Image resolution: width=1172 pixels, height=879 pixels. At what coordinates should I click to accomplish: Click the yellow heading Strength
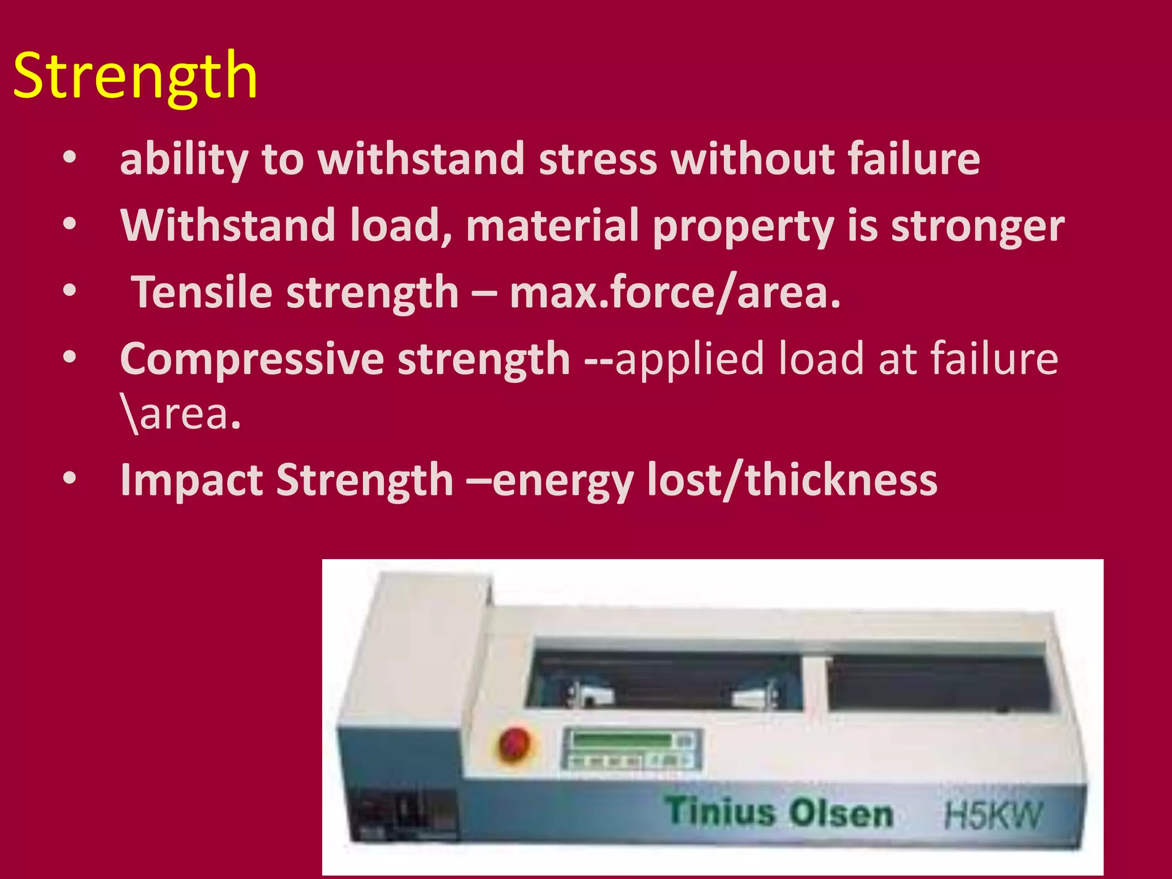[x=135, y=76]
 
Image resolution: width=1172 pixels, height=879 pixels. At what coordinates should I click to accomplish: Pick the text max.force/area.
[x=675, y=292]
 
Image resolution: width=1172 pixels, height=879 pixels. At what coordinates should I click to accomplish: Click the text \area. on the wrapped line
[x=181, y=414]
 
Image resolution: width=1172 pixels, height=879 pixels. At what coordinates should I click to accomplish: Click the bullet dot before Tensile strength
[x=69, y=291]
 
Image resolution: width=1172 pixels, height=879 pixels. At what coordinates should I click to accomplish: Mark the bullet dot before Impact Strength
[x=69, y=478]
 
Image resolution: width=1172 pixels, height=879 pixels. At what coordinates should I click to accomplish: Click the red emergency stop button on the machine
[x=514, y=744]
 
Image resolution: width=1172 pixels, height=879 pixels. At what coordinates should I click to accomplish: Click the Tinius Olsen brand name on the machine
[x=779, y=813]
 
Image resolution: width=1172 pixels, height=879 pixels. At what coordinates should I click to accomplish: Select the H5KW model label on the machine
[x=993, y=814]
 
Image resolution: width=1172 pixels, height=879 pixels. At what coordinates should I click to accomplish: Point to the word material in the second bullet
[x=552, y=225]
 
